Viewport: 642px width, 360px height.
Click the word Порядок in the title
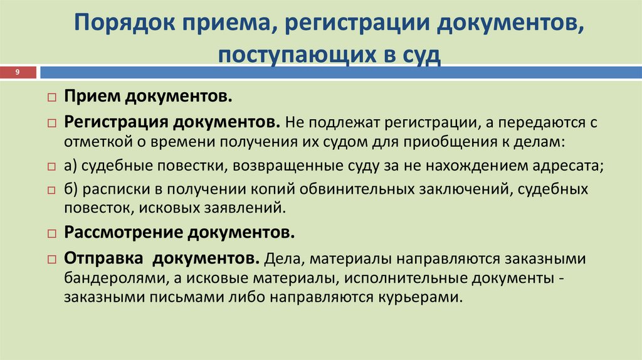pos(125,26)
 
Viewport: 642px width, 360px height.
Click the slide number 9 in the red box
pos(18,73)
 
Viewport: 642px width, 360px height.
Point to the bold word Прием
pos(92,98)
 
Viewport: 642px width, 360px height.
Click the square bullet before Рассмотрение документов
pos(52,233)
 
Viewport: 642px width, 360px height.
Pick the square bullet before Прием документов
pos(52,99)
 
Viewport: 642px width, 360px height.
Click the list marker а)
pos(70,166)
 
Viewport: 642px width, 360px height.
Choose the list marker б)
pos(70,189)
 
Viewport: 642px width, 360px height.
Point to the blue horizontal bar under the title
pos(339,72)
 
